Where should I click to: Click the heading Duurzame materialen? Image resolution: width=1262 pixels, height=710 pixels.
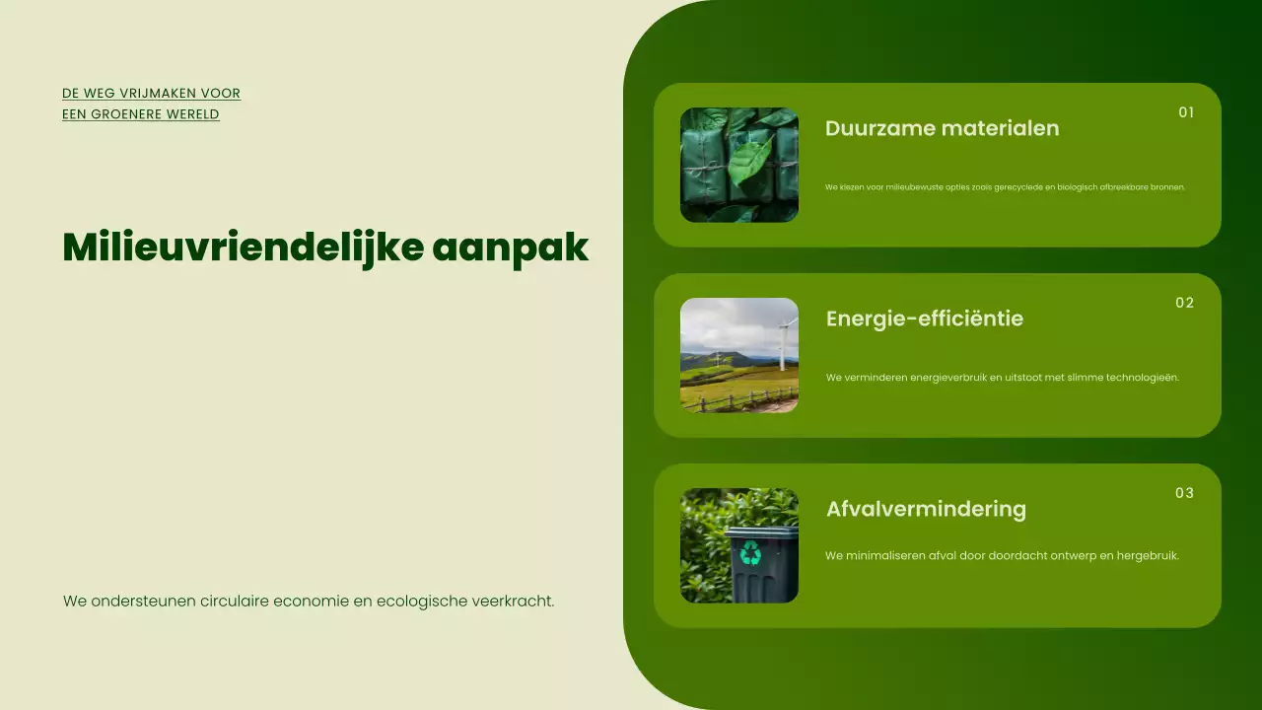942,128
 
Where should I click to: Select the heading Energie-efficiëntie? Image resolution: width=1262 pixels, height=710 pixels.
924,319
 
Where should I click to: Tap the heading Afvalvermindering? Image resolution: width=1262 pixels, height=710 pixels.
926,509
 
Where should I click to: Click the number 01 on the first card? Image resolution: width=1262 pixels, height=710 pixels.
1186,112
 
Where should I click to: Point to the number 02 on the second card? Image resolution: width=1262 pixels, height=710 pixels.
1184,303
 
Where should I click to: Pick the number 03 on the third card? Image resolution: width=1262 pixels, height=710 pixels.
1184,493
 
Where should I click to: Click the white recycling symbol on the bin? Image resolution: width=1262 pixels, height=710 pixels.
751,553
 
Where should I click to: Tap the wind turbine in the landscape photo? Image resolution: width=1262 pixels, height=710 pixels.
784,340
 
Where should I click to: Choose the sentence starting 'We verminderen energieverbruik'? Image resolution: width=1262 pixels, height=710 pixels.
1002,378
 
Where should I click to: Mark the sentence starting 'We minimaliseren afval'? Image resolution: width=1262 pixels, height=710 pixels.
1002,556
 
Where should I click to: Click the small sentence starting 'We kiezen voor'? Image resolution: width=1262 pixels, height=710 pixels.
1005,187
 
